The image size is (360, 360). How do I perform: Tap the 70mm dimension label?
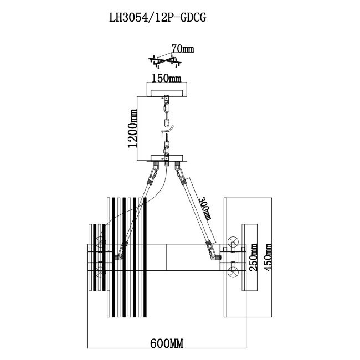click(182, 49)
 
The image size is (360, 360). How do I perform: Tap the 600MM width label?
click(166, 343)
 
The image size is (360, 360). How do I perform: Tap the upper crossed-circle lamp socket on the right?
click(233, 242)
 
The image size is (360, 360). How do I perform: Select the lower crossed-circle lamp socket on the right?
click(233, 272)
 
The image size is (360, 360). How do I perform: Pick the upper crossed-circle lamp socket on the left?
click(100, 241)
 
